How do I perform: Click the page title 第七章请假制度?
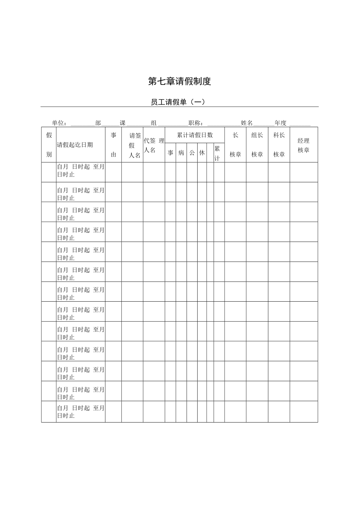tap(180, 81)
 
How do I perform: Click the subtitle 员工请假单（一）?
tap(178, 102)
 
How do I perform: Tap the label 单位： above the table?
tap(59, 123)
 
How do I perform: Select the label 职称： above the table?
tap(196, 123)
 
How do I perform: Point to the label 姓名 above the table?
tap(247, 123)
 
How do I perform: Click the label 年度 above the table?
tap(280, 123)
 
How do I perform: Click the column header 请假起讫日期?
tap(75, 145)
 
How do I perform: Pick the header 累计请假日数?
tap(194, 135)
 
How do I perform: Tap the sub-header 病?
tap(181, 153)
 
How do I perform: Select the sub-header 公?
tap(192, 153)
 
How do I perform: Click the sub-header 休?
tap(202, 153)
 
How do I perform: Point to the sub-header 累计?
tap(217, 153)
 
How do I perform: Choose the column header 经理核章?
tap(303, 145)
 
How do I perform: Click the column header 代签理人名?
tap(154, 145)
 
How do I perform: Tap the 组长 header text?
tap(257, 135)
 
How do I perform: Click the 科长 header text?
tap(279, 135)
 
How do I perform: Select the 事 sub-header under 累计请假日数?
tap(170, 153)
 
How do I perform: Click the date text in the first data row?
tap(80, 171)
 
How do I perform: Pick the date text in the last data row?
tap(80, 412)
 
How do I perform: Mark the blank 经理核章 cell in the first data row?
tap(303, 172)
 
